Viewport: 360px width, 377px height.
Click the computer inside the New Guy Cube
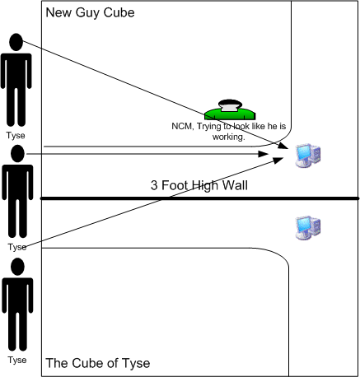[308, 156]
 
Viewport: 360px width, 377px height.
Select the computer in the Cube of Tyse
[308, 228]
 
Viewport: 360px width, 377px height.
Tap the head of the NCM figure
[230, 104]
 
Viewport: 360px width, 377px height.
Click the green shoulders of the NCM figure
[230, 114]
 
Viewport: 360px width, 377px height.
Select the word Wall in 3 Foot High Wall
[235, 185]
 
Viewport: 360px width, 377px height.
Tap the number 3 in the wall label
[154, 185]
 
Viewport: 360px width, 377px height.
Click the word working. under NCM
[228, 137]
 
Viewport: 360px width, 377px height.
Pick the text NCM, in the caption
[183, 126]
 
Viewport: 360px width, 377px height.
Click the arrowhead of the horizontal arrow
[264, 154]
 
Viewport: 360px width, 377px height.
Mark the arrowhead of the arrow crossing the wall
[278, 160]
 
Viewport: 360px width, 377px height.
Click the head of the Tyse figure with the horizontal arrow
[17, 154]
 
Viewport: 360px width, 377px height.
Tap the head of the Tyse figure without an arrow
[17, 267]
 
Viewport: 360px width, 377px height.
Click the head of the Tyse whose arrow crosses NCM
[16, 42]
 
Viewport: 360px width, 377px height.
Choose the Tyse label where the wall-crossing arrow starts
[17, 247]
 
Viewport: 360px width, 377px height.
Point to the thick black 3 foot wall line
[199, 198]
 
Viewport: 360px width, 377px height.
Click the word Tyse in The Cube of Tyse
[136, 363]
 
